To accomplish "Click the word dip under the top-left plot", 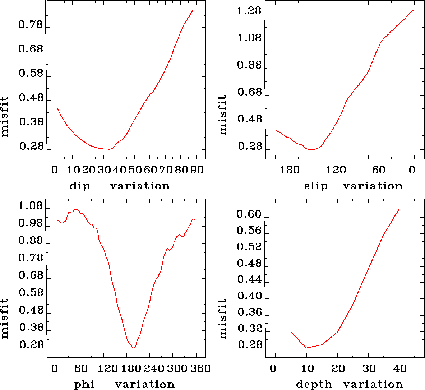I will [79, 186].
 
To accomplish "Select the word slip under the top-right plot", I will [316, 186].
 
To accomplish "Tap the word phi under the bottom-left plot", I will [84, 385].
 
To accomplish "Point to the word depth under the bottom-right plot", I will [314, 385].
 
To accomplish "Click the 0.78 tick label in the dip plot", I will [31, 25].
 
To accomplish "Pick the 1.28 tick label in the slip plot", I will [249, 11].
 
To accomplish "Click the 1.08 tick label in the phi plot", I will [31, 206].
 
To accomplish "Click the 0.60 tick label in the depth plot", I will [249, 215].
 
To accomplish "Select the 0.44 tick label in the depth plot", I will [249, 280].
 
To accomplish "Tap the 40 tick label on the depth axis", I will [399, 368].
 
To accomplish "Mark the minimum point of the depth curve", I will [306, 348].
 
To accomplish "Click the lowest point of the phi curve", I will [134, 348].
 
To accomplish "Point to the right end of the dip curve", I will [193, 10].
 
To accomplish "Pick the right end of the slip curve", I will [414, 10].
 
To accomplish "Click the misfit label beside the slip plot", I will [223, 115].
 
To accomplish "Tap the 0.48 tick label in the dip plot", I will [31, 98].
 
